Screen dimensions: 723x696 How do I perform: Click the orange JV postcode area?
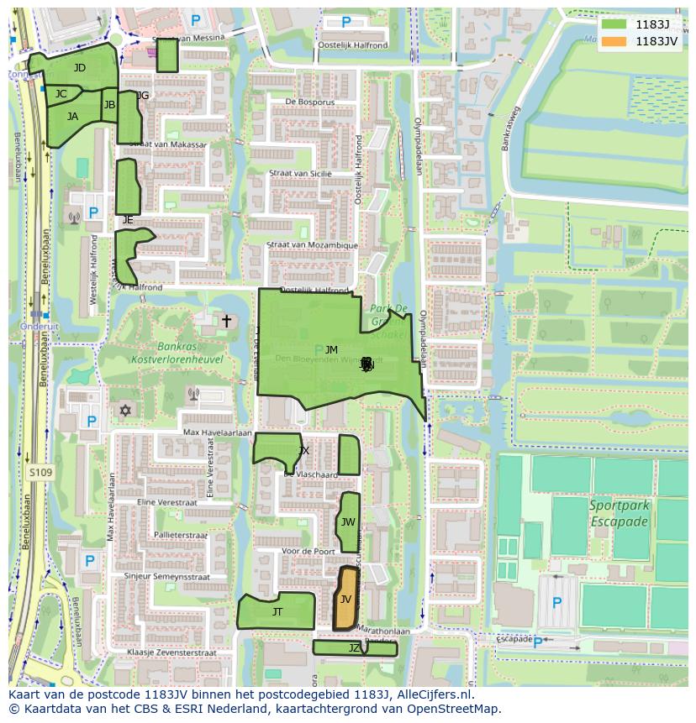(x=345, y=599)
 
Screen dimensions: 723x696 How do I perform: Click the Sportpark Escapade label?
(x=619, y=513)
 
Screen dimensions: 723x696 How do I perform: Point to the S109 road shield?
(x=40, y=474)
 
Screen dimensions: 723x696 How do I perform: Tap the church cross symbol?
(x=225, y=321)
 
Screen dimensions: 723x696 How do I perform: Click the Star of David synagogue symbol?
(x=127, y=411)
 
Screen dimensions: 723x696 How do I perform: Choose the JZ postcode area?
(x=354, y=648)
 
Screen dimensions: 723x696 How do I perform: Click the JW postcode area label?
(x=348, y=522)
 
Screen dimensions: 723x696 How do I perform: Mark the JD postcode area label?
(x=79, y=68)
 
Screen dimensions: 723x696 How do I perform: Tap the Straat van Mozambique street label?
(x=312, y=245)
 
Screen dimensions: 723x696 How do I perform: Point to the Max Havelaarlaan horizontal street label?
(x=218, y=432)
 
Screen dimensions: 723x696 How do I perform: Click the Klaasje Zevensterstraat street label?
(x=171, y=652)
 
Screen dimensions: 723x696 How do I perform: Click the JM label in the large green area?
(x=331, y=350)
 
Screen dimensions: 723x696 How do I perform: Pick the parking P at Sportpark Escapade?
(x=556, y=603)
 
